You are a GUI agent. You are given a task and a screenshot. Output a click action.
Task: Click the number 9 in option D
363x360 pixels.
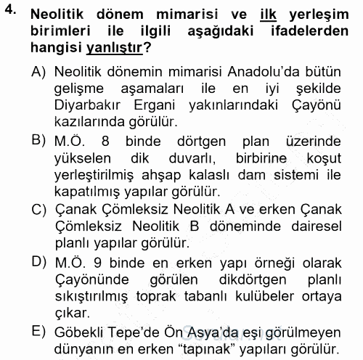click(96, 261)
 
